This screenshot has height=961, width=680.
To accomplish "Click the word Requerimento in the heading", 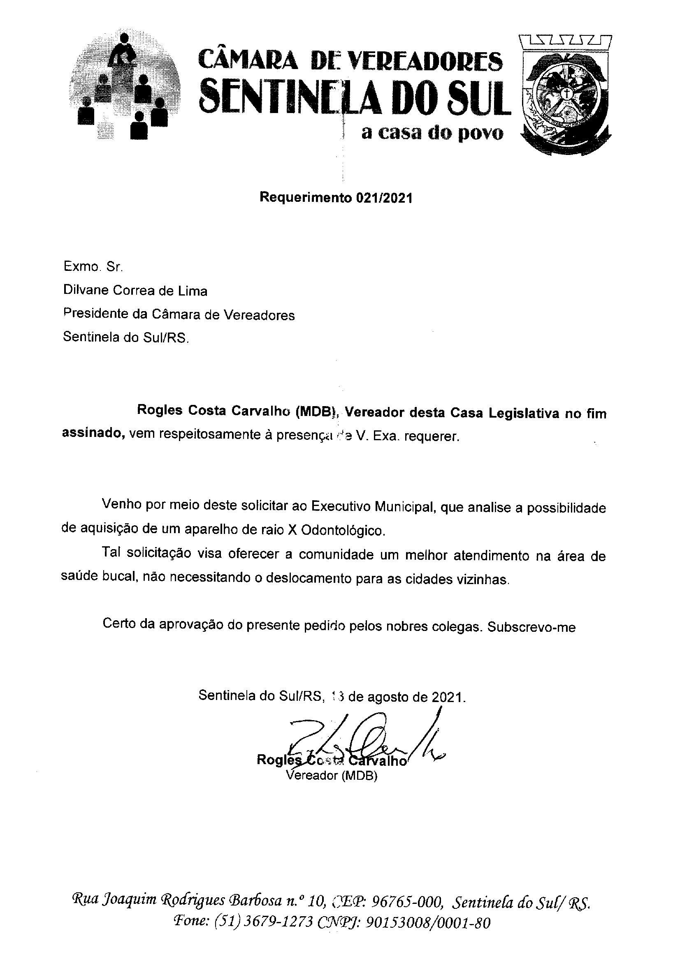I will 305,198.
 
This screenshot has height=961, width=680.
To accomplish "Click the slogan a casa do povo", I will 431,134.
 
